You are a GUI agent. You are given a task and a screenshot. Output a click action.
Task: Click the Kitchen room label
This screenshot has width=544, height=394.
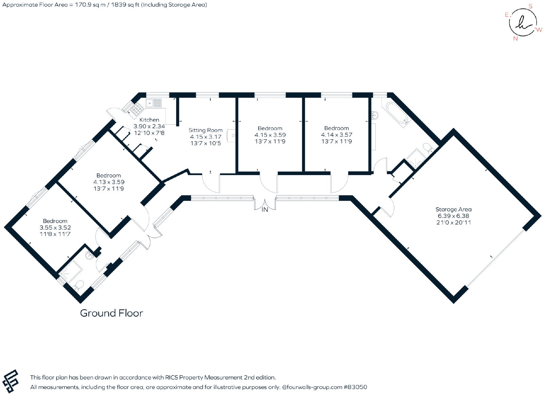tap(149, 120)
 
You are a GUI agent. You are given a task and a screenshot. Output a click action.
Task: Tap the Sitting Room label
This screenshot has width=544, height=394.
tap(205, 130)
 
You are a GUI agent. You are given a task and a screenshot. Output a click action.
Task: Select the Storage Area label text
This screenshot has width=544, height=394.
tap(454, 209)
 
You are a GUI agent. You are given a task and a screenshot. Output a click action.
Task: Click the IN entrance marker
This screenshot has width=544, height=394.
tap(265, 209)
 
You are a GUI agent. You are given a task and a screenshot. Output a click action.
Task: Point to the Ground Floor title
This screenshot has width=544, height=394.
tap(112, 313)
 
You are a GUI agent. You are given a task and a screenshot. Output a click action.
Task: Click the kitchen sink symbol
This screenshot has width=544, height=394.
tap(153, 103)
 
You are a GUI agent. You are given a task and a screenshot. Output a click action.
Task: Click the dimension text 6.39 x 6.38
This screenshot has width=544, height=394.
tap(454, 216)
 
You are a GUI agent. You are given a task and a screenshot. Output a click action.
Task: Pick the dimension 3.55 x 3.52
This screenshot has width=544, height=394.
tap(55, 227)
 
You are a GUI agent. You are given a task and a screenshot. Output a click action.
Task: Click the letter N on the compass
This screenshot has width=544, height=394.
tap(515, 39)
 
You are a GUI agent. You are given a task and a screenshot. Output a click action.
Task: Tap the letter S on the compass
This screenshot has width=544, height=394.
tap(530, 6)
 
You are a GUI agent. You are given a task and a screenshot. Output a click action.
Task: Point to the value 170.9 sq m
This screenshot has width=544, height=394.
tap(90, 5)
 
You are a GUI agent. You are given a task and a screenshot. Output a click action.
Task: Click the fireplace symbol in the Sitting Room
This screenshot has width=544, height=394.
tap(231, 135)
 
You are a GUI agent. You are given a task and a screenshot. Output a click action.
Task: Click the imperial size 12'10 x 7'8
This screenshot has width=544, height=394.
tap(149, 133)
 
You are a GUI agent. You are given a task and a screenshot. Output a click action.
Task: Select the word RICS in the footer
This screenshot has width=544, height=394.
tap(171, 377)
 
